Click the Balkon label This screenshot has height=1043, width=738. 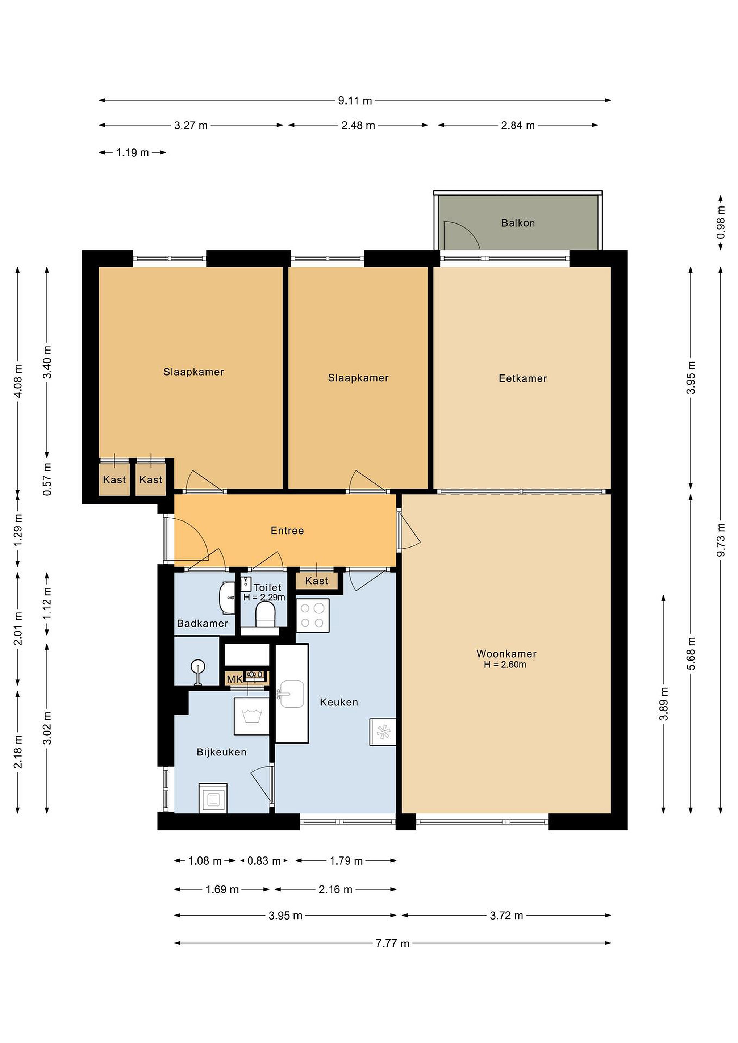pos(518,223)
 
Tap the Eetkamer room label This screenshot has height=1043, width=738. pos(522,378)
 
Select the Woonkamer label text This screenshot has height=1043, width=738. pos(506,654)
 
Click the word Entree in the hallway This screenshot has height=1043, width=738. pos(287,530)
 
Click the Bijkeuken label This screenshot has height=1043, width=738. pos(221,752)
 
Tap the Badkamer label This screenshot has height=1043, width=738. pos(202,623)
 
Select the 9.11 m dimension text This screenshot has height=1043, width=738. pos(355,101)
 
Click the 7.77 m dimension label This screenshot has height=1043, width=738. pos(392,943)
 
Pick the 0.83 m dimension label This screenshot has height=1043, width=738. pos(264,861)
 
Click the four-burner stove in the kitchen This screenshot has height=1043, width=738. pos(313,616)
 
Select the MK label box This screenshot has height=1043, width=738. pos(234,679)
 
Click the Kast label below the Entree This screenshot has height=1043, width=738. pos(317,581)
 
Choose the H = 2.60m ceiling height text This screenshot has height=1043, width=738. pos(505,665)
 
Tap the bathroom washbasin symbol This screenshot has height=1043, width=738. pos(227,598)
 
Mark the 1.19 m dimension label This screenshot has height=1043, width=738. pos(132,152)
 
